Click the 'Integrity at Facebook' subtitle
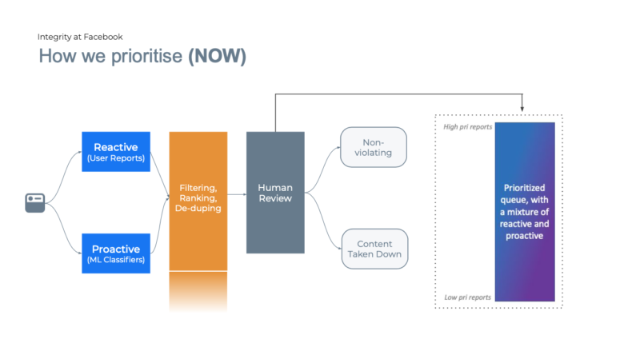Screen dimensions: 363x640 point(79,37)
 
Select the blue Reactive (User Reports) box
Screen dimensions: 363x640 point(116,152)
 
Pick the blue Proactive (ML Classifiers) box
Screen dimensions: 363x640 point(116,253)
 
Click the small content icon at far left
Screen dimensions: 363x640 point(34,202)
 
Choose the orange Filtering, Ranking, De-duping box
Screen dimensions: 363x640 point(198,200)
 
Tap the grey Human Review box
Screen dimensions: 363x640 point(275,192)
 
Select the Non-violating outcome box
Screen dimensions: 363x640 point(374,147)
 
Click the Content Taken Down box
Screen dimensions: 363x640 point(374,248)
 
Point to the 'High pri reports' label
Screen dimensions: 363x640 point(468,127)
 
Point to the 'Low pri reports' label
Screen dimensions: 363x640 point(468,297)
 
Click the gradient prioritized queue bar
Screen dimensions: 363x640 point(524,212)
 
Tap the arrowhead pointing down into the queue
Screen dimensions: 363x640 point(523,109)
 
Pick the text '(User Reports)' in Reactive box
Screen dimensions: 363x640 point(116,158)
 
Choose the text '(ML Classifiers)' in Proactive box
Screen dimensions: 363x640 point(116,259)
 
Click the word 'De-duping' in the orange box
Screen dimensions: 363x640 point(198,209)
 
